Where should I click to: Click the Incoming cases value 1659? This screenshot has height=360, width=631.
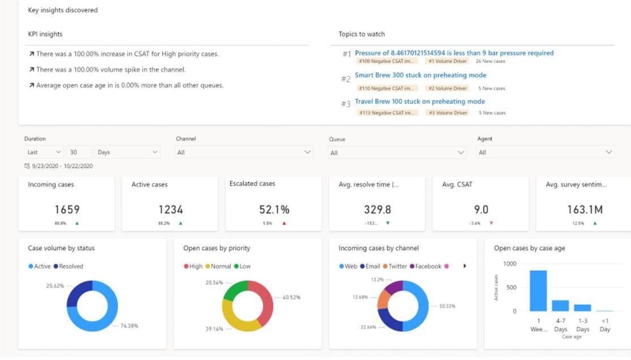point(66,209)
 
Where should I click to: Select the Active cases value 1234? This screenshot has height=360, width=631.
point(170,209)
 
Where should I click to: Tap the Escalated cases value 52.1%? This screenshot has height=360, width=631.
point(274,209)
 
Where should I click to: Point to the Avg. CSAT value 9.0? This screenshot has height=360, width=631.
point(481,209)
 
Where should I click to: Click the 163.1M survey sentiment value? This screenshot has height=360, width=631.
point(585,209)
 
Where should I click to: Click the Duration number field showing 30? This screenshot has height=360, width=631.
point(80,152)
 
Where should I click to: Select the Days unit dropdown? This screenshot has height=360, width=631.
point(127,152)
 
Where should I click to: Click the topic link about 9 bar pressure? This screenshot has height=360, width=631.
point(454,53)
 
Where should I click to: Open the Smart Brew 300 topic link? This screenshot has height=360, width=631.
point(420,75)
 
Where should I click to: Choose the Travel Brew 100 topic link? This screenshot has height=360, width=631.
point(420,102)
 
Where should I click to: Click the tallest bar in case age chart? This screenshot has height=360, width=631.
point(538,290)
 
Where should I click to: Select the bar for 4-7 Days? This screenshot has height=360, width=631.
point(560,305)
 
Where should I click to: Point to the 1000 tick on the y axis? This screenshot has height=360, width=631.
point(510,264)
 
